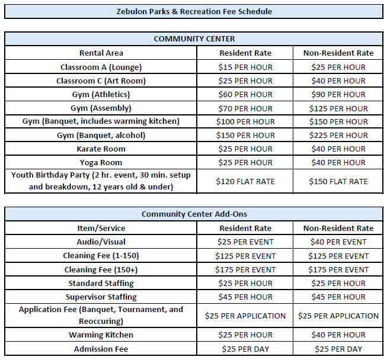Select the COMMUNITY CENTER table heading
[x=194, y=38]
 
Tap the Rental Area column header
[x=101, y=53]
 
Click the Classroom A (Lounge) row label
[x=101, y=67]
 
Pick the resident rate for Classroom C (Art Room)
[x=245, y=81]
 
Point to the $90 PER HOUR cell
[x=338, y=94]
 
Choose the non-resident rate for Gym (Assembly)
[x=338, y=108]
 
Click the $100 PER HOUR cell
[x=245, y=121]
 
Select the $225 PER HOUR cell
[x=338, y=135]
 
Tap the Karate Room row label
[x=101, y=149]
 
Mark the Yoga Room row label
[x=101, y=162]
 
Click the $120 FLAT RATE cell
[x=245, y=181]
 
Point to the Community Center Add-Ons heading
[x=194, y=214]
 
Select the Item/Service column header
[x=101, y=228]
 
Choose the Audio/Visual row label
[x=101, y=242]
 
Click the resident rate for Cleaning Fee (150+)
[x=245, y=269]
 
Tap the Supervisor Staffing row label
[x=101, y=297]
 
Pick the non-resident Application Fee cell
[x=338, y=316]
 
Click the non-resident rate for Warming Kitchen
[x=338, y=335]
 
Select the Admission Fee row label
[x=101, y=349]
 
